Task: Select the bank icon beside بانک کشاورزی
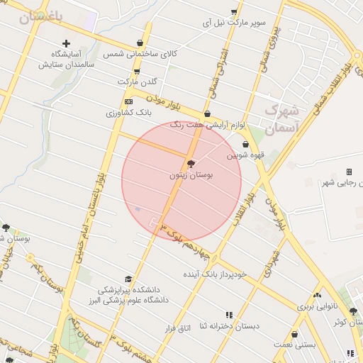point(128,102)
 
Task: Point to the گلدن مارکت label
point(136,82)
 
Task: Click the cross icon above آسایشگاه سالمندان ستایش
point(67,44)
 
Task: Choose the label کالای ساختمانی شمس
point(140,54)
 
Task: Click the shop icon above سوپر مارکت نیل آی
point(234,11)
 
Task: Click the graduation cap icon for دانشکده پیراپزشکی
point(128,279)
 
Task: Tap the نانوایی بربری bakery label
point(315,306)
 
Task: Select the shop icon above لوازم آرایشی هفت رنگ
point(207,113)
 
